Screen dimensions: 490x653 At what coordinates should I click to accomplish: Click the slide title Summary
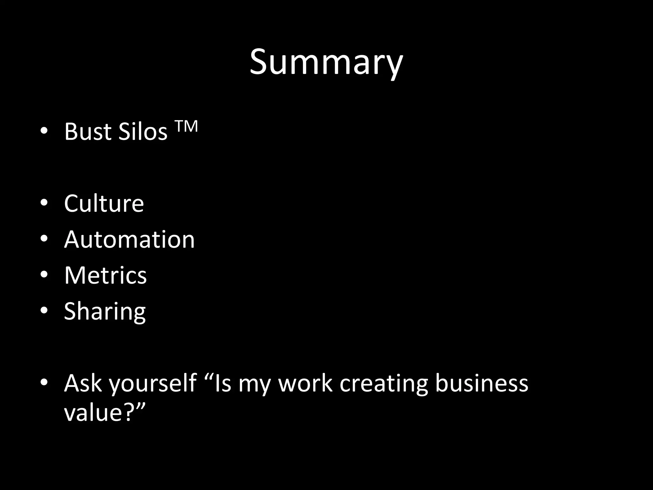tap(326, 62)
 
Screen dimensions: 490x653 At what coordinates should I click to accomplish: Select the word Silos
tap(143, 131)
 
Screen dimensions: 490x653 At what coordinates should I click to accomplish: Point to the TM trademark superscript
tap(187, 126)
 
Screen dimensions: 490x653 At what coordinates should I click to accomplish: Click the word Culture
tap(104, 203)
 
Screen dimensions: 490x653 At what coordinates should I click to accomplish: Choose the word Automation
tap(129, 239)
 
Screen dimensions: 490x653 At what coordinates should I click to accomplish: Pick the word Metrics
tap(105, 275)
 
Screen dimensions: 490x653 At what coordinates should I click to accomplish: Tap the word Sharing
tap(105, 311)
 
